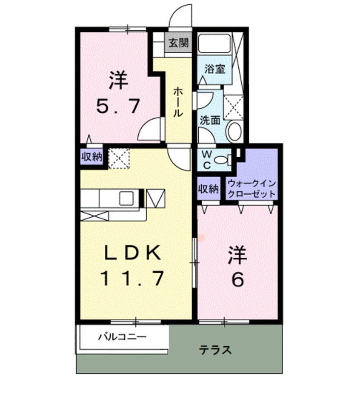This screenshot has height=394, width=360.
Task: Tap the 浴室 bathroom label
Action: [214, 69]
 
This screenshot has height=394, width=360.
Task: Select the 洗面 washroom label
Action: [210, 120]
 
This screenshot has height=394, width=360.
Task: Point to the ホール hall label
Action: [178, 102]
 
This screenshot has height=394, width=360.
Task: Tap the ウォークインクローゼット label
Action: [252, 187]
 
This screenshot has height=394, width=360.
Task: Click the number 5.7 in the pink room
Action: [118, 106]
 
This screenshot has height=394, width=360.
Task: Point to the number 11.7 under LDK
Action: [132, 279]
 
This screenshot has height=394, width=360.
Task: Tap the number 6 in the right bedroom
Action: [238, 279]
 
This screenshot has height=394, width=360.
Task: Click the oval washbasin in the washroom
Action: [234, 132]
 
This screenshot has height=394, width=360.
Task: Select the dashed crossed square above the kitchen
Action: [118, 158]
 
